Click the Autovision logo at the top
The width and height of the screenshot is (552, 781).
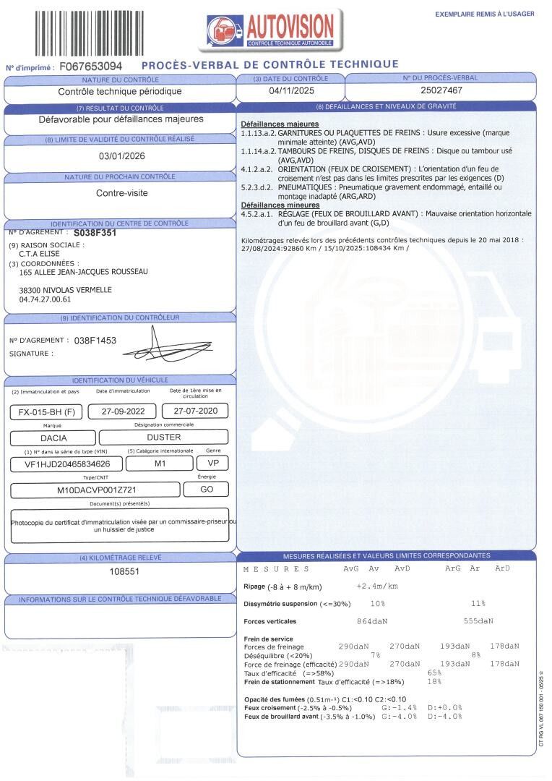coord(272,30)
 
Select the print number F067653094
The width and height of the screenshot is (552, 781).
coord(90,67)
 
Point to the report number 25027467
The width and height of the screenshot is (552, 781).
coord(441,91)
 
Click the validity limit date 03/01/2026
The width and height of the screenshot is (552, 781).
coord(121,155)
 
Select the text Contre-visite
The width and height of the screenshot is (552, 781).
coord(121,193)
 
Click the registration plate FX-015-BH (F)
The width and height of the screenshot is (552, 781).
coord(44,412)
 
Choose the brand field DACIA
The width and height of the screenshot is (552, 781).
coord(52,438)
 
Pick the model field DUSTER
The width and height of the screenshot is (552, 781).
coord(164,438)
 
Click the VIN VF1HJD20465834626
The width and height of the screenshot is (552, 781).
coord(62,464)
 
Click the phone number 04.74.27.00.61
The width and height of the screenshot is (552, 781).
coord(46,299)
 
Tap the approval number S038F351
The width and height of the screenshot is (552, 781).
coord(95,234)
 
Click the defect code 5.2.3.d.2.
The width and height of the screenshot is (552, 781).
coord(256,187)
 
